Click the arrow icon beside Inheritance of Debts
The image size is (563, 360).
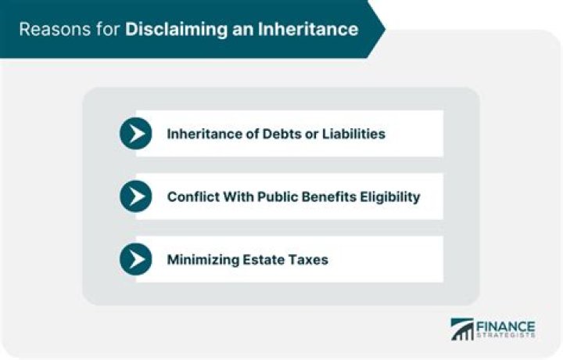click(136, 134)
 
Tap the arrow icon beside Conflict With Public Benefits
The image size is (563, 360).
click(136, 196)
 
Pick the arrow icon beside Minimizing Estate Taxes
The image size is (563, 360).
click(136, 259)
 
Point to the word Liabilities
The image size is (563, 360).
click(354, 134)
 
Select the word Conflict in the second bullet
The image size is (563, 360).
click(192, 196)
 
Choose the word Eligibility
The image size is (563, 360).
click(388, 196)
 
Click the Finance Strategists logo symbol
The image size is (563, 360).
click(462, 329)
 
